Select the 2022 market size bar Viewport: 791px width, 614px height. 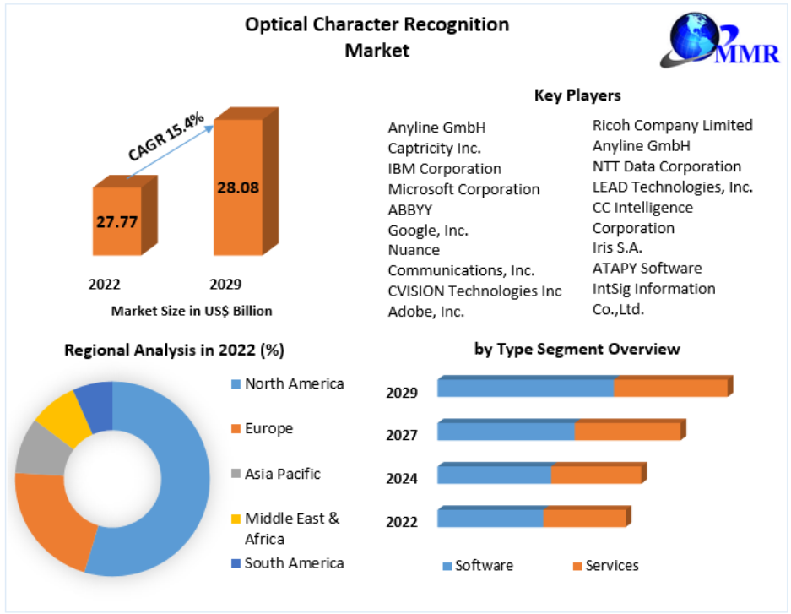pyautogui.click(x=116, y=221)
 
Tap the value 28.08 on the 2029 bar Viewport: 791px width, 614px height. pyautogui.click(x=237, y=187)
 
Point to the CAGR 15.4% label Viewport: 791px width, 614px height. pyautogui.click(x=166, y=138)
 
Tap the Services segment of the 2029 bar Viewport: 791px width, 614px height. pyautogui.click(x=670, y=388)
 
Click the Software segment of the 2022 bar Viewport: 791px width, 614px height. pyautogui.click(x=490, y=518)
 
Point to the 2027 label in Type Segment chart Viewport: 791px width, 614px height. pyautogui.click(x=402, y=436)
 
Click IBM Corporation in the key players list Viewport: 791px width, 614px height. pyautogui.click(x=444, y=169)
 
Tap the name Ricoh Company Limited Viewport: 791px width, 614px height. pyautogui.click(x=672, y=125)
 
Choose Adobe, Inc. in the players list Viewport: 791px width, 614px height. pyautogui.click(x=426, y=312)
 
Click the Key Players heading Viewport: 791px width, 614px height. pyautogui.click(x=577, y=95)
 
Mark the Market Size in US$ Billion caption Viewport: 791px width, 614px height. pyautogui.click(x=192, y=311)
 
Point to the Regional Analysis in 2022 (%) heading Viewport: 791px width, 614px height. pyautogui.click(x=174, y=350)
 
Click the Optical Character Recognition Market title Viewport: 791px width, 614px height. pyautogui.click(x=377, y=37)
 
